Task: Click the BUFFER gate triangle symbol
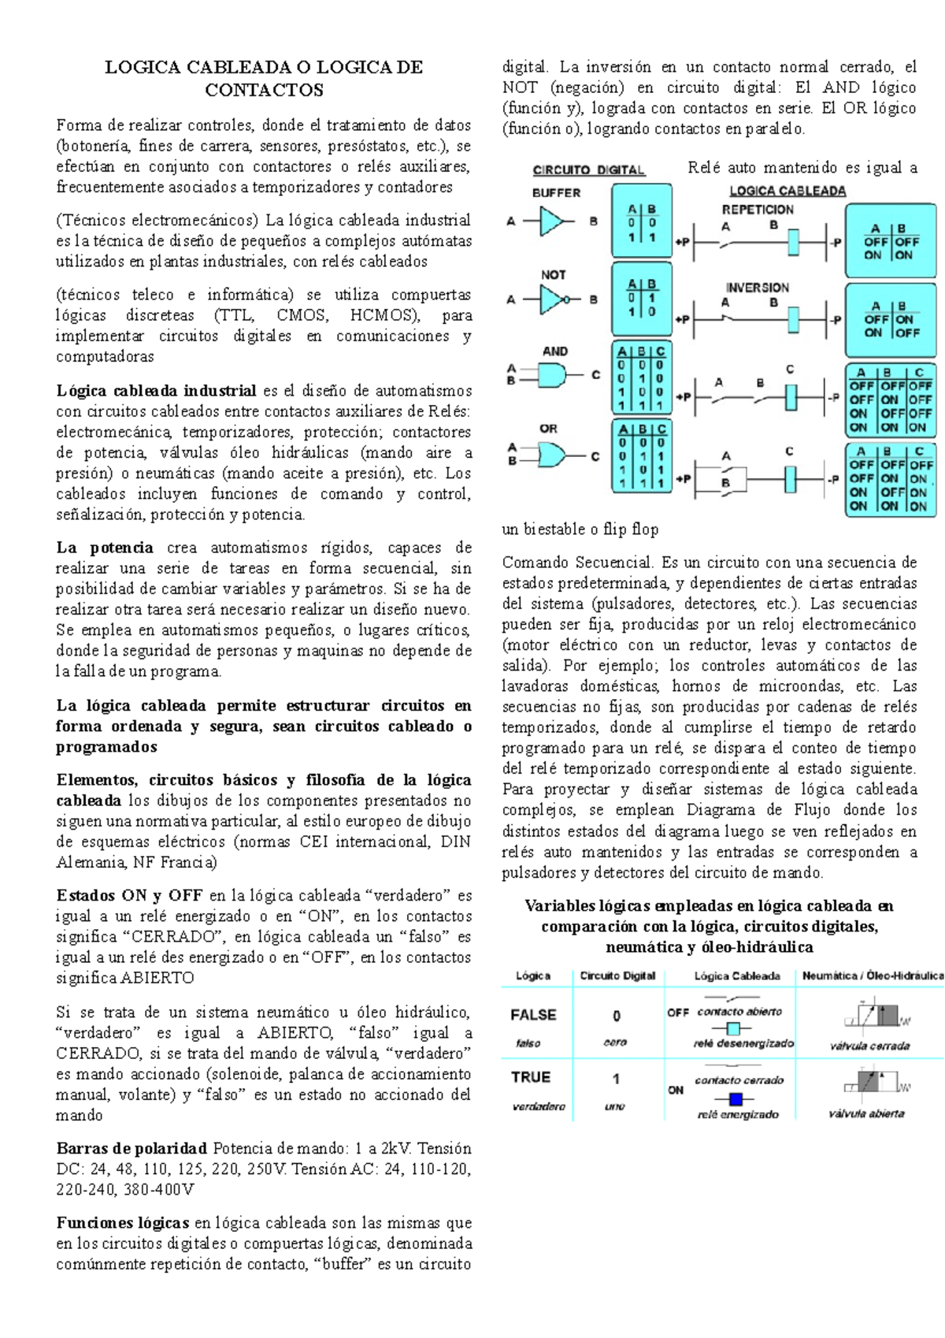(552, 221)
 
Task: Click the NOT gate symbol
(554, 299)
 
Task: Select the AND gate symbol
(553, 375)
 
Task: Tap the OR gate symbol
(552, 455)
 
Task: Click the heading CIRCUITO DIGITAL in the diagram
(589, 170)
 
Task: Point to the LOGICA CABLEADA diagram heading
(787, 191)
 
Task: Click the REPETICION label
(758, 210)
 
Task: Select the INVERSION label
(757, 288)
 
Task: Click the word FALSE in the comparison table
(533, 1015)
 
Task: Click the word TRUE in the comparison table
(531, 1077)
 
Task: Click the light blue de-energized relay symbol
(734, 1028)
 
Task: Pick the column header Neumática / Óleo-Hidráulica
(873, 976)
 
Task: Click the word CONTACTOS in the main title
(264, 90)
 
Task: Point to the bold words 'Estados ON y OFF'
(129, 895)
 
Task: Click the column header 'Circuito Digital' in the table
(617, 976)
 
